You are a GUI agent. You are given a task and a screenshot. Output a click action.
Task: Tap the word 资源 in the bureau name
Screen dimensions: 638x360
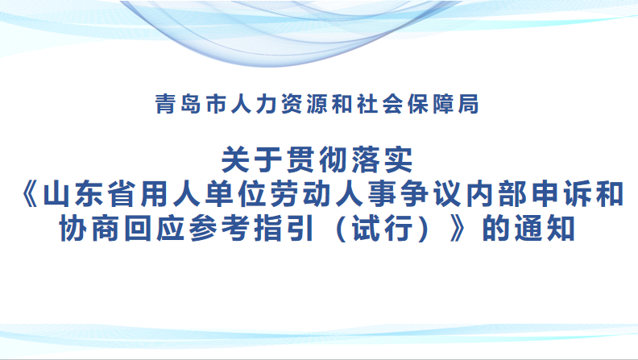(x=305, y=104)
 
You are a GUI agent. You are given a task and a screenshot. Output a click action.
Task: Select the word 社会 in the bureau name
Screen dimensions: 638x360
(x=381, y=104)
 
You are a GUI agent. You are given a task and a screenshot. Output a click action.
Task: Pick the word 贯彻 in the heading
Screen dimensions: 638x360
(x=317, y=159)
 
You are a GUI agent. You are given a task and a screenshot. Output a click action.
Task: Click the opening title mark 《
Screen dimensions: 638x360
(x=31, y=195)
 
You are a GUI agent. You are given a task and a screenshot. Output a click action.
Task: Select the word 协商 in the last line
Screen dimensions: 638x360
(x=90, y=229)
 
